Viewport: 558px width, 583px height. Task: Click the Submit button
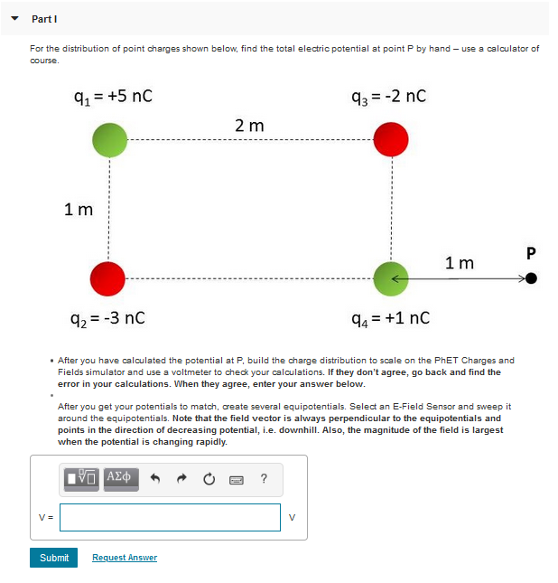tap(54, 558)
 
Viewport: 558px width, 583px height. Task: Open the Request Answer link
tap(125, 558)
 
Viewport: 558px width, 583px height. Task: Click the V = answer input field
tap(171, 517)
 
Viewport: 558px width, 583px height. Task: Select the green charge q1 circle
tap(109, 140)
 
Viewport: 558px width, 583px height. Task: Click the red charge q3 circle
tap(391, 140)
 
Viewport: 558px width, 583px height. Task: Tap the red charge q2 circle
tap(109, 278)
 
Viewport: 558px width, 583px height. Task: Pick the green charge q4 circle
tap(391, 278)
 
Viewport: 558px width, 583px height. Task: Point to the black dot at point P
tap(531, 278)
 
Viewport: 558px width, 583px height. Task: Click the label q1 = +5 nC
tap(113, 95)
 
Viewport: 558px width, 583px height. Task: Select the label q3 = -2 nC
tap(391, 95)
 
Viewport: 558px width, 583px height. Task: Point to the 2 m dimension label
tap(249, 126)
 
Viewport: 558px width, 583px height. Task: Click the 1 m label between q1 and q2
tap(79, 210)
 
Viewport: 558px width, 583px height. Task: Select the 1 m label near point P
tap(459, 263)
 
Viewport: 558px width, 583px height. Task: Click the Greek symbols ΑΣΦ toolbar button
tap(120, 477)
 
